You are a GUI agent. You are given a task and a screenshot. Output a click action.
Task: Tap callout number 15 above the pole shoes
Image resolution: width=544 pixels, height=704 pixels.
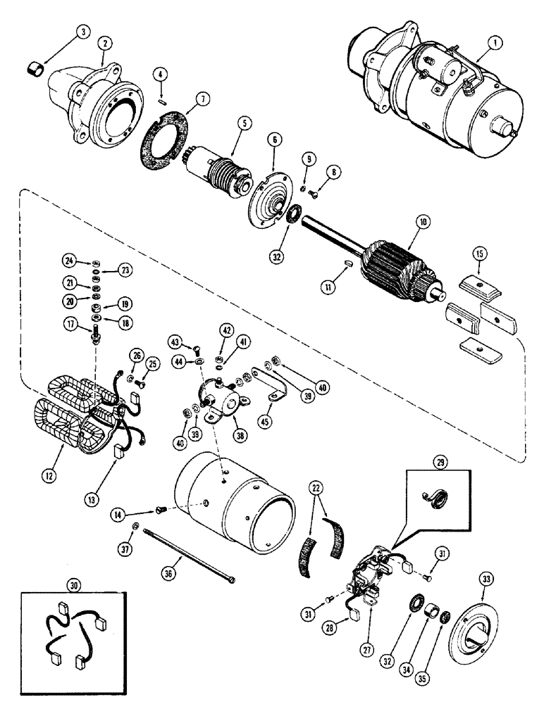[x=477, y=269]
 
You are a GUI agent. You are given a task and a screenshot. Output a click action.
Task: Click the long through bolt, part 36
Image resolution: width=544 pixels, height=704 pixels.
[x=190, y=557]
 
